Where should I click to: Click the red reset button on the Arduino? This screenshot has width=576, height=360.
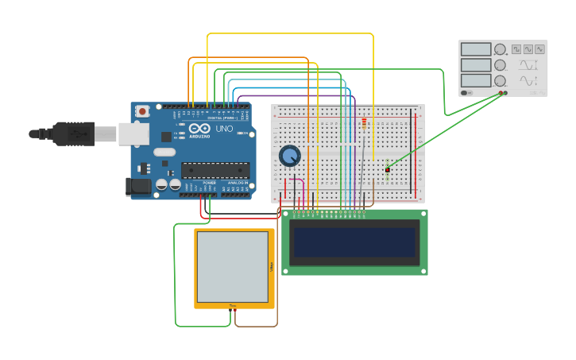click(142, 111)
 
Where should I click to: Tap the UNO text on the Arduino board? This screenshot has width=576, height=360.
click(224, 129)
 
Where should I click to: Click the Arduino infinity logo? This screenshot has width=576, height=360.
click(199, 129)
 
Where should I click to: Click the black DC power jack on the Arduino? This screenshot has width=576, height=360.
click(137, 187)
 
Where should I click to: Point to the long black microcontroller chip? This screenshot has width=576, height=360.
click(215, 169)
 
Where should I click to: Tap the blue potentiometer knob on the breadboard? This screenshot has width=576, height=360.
click(289, 156)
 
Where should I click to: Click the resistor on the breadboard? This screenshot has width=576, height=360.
click(364, 124)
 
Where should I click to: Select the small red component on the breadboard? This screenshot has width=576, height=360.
click(388, 169)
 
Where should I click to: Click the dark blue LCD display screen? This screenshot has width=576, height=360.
click(354, 242)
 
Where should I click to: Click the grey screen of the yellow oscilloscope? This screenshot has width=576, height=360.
click(233, 266)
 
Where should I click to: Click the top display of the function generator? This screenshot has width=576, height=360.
click(476, 49)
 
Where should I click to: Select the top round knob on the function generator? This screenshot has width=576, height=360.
click(501, 49)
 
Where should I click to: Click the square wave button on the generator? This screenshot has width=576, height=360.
click(516, 49)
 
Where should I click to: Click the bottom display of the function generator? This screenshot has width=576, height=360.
click(476, 80)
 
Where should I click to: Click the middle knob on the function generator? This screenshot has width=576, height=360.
click(501, 65)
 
